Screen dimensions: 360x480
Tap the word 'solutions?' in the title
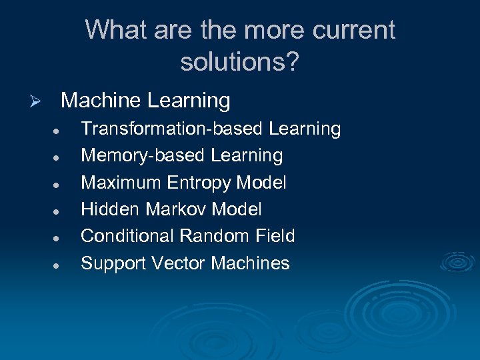point(240,62)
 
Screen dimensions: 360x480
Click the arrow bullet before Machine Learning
point(37,102)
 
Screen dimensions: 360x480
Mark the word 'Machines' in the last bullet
point(250,263)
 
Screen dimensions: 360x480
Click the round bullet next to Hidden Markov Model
point(58,211)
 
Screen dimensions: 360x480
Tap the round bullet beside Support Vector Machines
point(58,265)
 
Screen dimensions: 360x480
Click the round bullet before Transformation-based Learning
point(58,130)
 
